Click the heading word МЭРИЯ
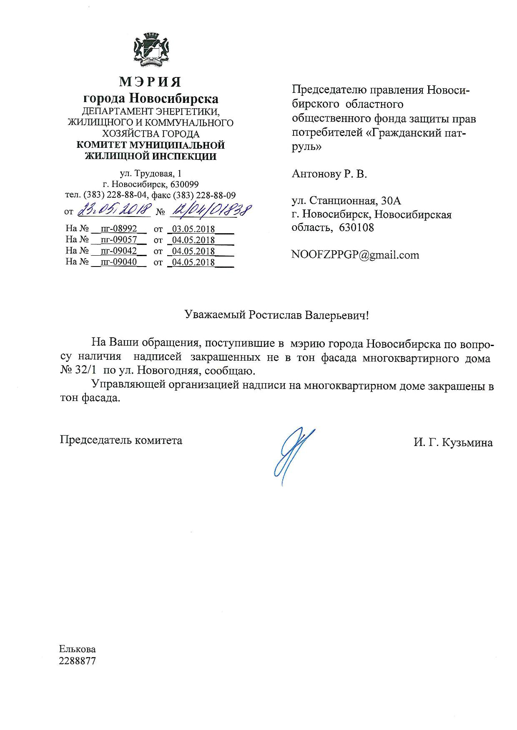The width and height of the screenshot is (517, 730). coord(151,82)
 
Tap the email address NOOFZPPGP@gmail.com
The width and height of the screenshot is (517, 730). coord(355,255)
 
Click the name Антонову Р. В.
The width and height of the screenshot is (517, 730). coord(329,174)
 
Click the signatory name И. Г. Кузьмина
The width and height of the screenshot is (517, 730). coord(453,443)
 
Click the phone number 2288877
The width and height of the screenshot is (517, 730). coord(78,660)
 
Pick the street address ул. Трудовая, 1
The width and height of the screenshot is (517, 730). coord(151,174)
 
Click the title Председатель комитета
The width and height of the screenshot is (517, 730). coord(121,440)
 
